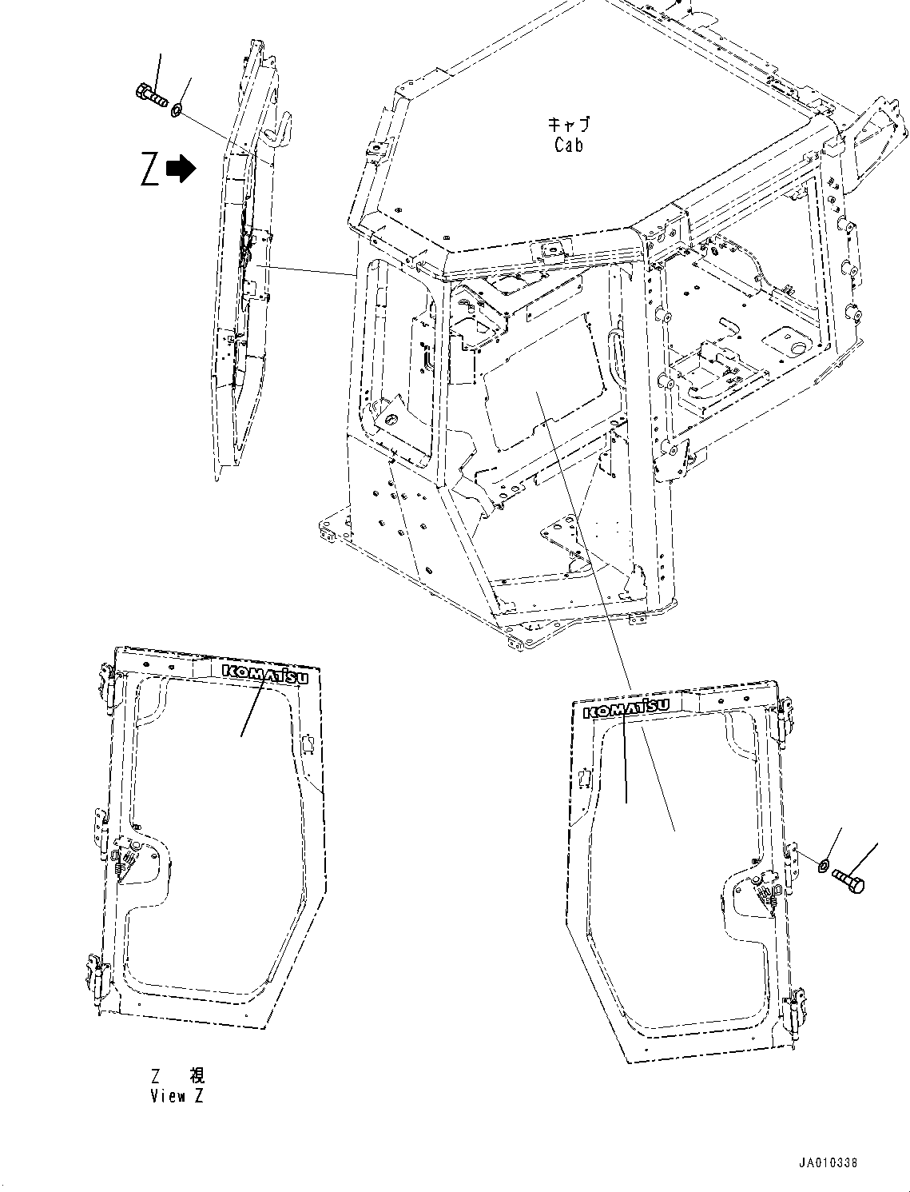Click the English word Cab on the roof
click(568, 145)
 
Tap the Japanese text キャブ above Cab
click(568, 124)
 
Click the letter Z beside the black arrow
click(149, 169)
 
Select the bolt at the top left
click(150, 96)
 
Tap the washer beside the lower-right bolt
click(824, 863)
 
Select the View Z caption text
click(177, 1096)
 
